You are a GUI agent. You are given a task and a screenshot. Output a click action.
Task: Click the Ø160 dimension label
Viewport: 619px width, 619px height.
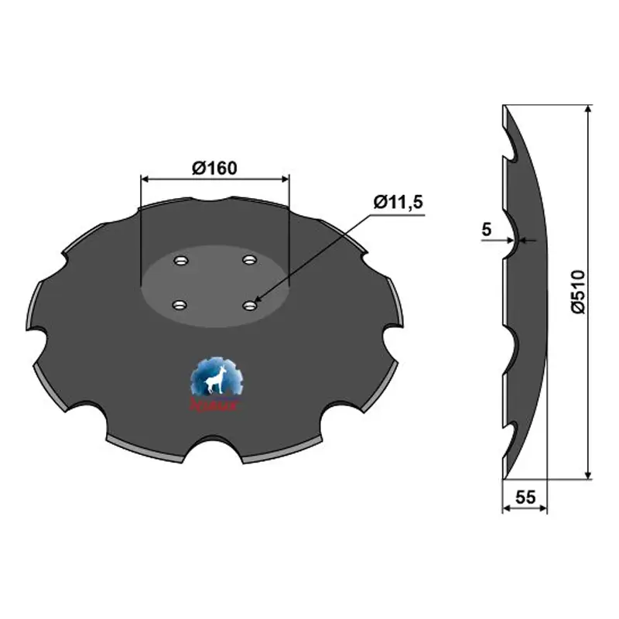pyautogui.click(x=214, y=167)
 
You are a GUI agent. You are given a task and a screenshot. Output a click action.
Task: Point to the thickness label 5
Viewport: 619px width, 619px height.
pyautogui.click(x=486, y=229)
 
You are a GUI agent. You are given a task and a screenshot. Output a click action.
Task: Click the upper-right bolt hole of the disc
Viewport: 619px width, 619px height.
pyautogui.click(x=248, y=259)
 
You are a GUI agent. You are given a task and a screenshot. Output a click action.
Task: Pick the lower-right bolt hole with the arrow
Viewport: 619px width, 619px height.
pyautogui.click(x=249, y=306)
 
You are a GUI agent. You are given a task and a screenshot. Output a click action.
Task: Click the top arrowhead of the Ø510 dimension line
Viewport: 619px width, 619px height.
pyautogui.click(x=589, y=111)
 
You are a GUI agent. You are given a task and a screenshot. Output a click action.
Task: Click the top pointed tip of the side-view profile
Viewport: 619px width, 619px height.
pyautogui.click(x=504, y=107)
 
